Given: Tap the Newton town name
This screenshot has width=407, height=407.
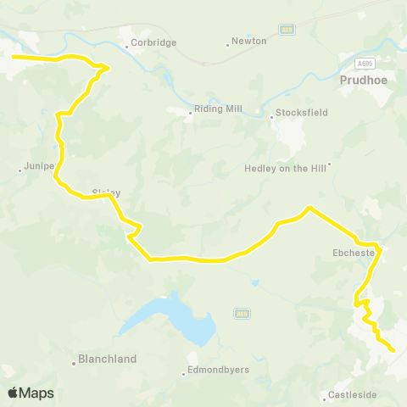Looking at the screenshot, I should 251,41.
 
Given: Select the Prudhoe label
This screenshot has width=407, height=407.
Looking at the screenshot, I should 362,81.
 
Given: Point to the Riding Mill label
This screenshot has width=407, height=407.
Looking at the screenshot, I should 218,110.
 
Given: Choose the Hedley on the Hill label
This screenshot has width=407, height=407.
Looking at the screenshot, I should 286,168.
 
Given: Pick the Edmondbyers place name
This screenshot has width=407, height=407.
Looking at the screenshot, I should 217,372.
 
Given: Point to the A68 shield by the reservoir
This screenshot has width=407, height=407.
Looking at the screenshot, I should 240,314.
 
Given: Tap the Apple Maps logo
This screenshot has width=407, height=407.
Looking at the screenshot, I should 31,393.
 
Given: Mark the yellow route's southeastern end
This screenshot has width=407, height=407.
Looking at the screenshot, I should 393,349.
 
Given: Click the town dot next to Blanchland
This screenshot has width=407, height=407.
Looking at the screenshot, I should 74,360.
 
